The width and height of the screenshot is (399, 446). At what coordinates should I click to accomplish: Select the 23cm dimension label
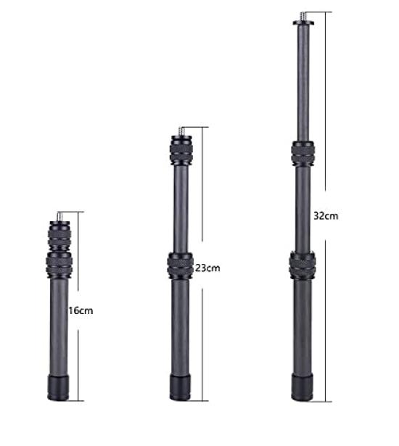[207, 268]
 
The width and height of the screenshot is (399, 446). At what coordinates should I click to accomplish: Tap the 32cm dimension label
[324, 215]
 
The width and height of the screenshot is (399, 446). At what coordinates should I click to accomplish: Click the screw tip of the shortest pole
[59, 215]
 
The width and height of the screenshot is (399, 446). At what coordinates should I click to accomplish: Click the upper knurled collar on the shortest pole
[59, 234]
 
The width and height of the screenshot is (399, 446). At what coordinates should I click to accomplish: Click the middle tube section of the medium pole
[180, 210]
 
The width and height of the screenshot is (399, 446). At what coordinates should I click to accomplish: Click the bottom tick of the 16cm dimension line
[78, 400]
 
